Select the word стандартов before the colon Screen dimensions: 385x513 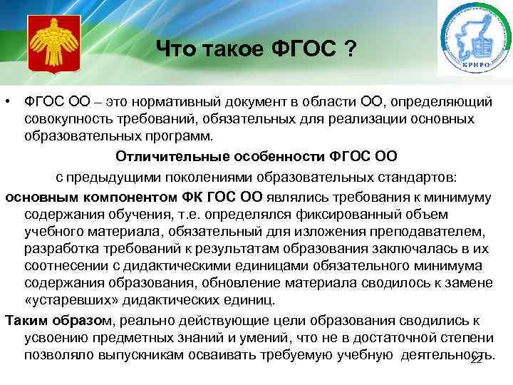tap(410, 175)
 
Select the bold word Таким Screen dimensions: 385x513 tap(25, 319)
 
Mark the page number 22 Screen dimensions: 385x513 tap(477, 359)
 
